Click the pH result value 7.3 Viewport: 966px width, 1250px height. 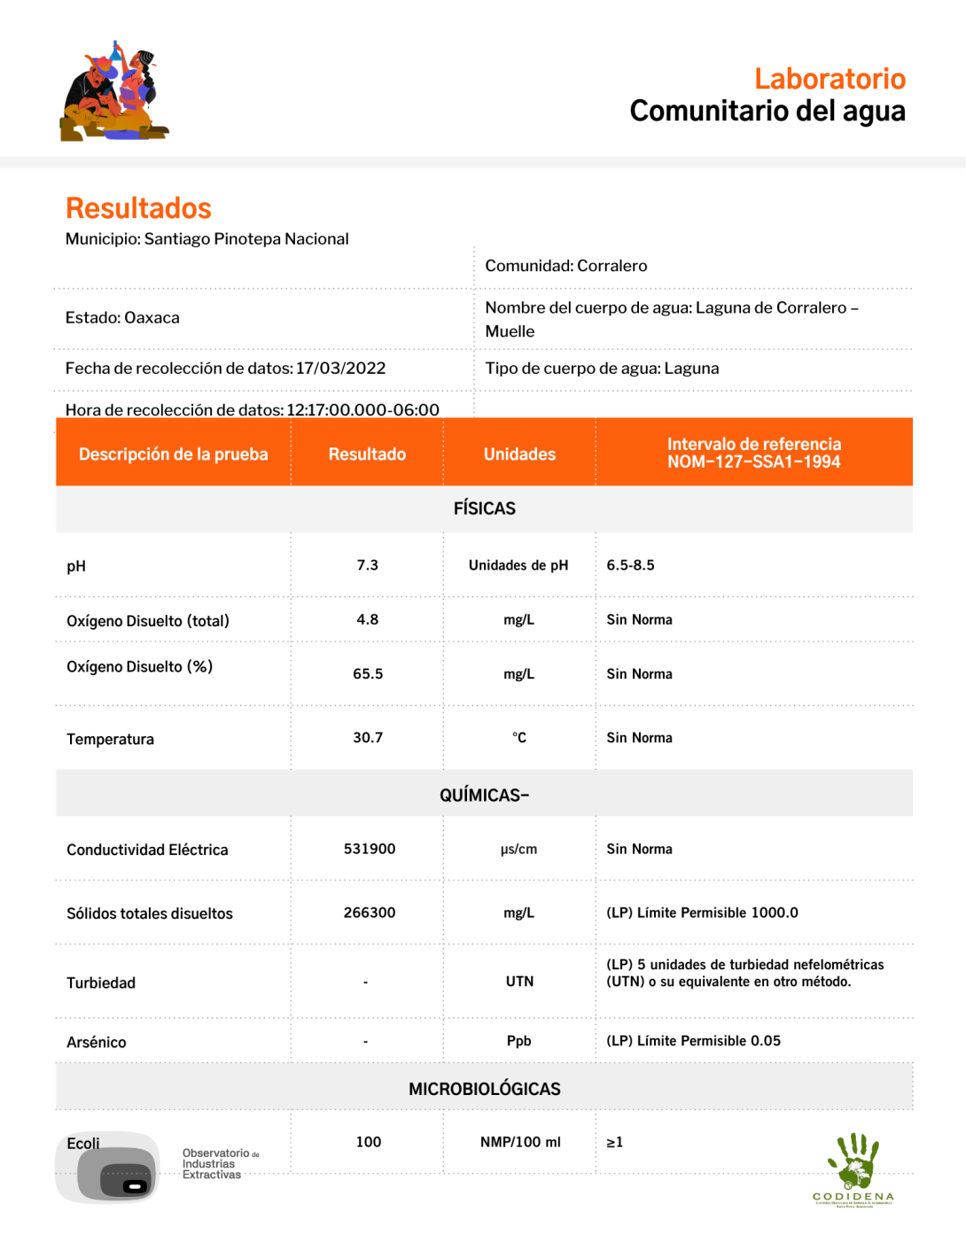click(x=367, y=565)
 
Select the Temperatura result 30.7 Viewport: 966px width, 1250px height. click(x=368, y=737)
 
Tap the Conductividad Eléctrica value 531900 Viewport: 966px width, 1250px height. click(x=370, y=849)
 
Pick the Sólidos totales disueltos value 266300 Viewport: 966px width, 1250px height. click(x=370, y=912)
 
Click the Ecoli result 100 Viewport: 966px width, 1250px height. click(x=369, y=1142)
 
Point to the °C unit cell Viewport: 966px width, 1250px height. click(x=519, y=737)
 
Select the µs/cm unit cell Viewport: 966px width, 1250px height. click(x=519, y=849)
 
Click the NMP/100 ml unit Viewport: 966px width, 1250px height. click(x=520, y=1142)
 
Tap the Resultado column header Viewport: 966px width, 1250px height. click(x=367, y=454)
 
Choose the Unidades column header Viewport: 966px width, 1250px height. click(x=519, y=454)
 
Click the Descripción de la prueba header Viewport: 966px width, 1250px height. click(x=173, y=454)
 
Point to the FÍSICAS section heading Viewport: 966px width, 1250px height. click(x=484, y=509)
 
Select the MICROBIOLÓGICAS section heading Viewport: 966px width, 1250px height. click(x=484, y=1089)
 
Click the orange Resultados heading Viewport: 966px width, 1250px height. click(x=138, y=208)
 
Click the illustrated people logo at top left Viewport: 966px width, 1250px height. click(x=113, y=92)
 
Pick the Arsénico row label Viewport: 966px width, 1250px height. click(x=97, y=1042)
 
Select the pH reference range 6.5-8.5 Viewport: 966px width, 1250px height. click(x=630, y=565)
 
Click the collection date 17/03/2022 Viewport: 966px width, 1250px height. click(x=341, y=369)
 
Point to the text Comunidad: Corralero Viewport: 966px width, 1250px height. click(x=565, y=266)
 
